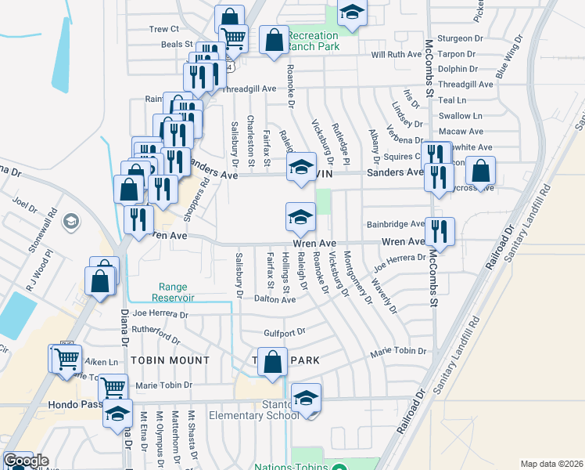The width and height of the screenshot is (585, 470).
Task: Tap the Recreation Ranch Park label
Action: [313, 41]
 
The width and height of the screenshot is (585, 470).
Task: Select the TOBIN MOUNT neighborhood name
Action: [170, 360]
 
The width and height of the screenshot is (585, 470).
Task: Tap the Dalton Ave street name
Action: [275, 299]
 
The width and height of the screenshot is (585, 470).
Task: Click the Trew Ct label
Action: [164, 29]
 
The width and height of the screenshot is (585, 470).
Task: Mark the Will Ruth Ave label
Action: [397, 55]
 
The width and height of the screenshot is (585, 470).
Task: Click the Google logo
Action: [25, 461]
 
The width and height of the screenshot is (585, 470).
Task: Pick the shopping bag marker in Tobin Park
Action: [272, 363]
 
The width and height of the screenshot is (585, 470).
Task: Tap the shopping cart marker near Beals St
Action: [232, 38]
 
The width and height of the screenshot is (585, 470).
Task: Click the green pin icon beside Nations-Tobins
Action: [338, 468]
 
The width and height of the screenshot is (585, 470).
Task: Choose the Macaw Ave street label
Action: [461, 132]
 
